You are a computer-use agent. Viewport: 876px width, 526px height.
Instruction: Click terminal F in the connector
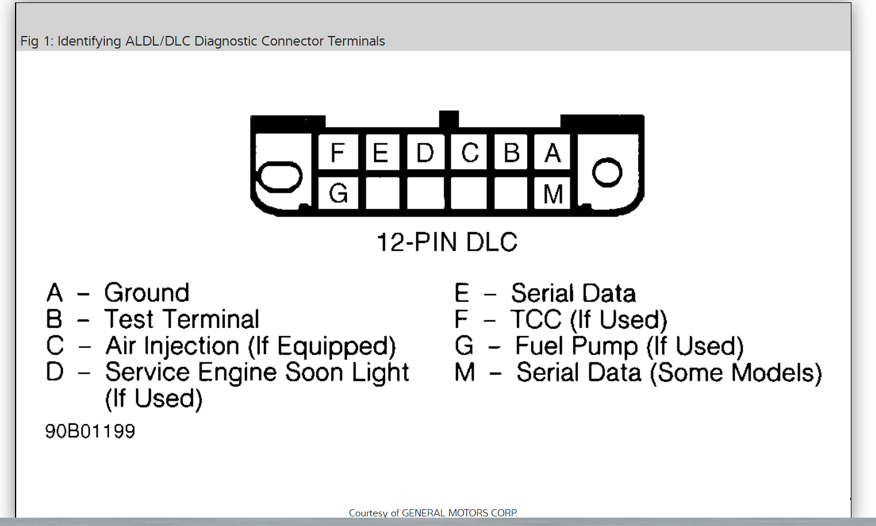[338, 153]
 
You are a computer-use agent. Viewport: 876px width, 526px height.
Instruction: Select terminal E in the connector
[381, 153]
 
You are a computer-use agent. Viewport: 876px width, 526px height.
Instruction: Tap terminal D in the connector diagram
[425, 153]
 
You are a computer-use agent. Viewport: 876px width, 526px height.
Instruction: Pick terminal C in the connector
[469, 153]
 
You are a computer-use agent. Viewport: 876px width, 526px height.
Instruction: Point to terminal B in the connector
[511, 153]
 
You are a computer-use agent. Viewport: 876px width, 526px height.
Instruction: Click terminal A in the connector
[553, 153]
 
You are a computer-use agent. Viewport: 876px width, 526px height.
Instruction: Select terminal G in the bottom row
[338, 193]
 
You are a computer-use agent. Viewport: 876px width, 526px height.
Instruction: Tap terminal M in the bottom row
[553, 194]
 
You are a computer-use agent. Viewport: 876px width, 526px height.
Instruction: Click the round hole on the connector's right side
[607, 173]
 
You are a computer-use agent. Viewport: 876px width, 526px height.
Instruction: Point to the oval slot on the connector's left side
[279, 177]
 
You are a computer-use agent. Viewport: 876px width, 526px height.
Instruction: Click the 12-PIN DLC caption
[447, 242]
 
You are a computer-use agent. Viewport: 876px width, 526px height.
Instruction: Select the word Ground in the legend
[147, 293]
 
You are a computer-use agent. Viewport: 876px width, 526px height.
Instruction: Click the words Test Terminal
[182, 319]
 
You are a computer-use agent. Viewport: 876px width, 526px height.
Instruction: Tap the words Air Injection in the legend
[173, 346]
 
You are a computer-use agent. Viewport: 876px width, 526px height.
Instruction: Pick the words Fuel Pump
[576, 346]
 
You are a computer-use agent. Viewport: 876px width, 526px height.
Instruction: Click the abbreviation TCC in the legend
[536, 320]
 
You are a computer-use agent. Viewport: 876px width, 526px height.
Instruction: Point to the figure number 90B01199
[90, 431]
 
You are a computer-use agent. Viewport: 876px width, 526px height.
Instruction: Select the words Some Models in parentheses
[736, 372]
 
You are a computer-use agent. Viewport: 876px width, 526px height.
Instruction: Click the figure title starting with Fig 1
[203, 41]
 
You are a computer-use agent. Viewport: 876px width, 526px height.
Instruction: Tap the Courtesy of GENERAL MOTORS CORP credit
[433, 513]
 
